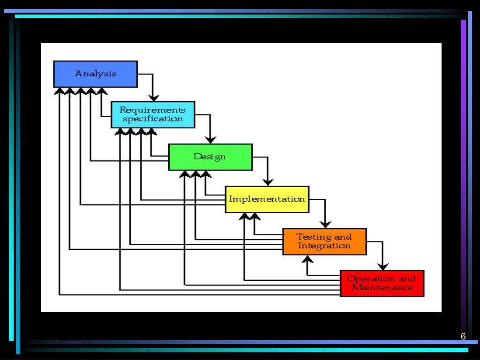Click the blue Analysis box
(x=96, y=74)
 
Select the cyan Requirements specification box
(x=153, y=114)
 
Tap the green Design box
(x=210, y=157)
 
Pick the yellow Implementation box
(x=267, y=199)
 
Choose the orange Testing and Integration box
(x=324, y=241)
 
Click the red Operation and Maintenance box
(x=382, y=283)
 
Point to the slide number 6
(x=463, y=337)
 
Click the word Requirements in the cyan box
(x=153, y=110)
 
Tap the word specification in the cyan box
(x=153, y=119)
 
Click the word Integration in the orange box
(x=324, y=246)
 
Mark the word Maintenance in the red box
(x=382, y=287)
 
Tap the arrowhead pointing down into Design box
(x=210, y=139)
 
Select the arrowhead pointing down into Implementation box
(x=268, y=182)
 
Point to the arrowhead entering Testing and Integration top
(x=325, y=224)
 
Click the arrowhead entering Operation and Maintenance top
(x=383, y=266)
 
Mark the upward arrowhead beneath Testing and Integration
(x=307, y=258)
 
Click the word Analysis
(x=96, y=74)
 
